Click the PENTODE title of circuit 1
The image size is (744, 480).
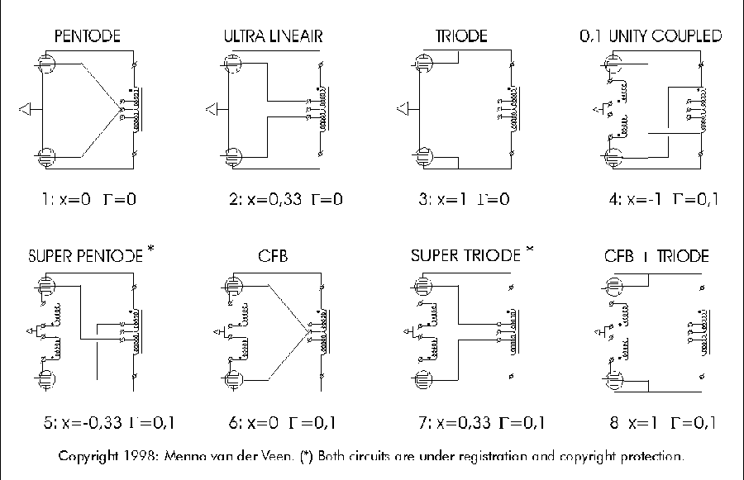coord(88,36)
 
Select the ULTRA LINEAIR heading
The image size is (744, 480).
coord(272,36)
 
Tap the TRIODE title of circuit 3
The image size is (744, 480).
coord(461,36)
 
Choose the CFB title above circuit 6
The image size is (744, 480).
coord(273,256)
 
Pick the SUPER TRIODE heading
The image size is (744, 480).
coord(466,256)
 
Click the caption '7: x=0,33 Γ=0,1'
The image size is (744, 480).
coord(482,424)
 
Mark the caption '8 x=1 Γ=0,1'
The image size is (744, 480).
coord(662,424)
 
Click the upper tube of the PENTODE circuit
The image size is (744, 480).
coord(47,63)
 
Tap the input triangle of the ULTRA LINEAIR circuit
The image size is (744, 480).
coord(212,107)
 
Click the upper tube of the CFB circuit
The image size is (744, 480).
coord(236,287)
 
